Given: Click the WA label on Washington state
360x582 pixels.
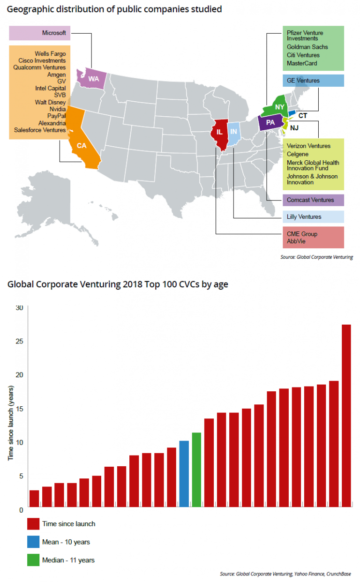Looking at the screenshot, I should click(x=94, y=79).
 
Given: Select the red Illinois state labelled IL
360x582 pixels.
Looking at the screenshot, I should click(x=219, y=133).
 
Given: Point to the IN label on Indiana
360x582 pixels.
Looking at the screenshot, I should click(x=234, y=132).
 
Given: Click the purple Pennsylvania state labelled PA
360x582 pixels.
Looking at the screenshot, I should click(x=270, y=123).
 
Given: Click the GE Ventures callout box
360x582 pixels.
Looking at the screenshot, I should click(x=313, y=81).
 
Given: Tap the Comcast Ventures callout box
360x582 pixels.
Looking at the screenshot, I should click(x=313, y=200).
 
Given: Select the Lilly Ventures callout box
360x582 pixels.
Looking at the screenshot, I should click(x=313, y=216).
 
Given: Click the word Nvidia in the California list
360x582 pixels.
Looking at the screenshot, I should click(x=57, y=109).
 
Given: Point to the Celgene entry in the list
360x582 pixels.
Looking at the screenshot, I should click(x=298, y=154).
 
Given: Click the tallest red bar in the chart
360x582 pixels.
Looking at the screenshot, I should click(x=346, y=416).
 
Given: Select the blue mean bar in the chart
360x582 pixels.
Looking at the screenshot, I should click(x=184, y=474).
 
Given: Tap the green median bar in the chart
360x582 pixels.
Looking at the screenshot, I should click(x=196, y=470).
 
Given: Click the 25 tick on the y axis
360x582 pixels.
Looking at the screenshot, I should click(x=19, y=341).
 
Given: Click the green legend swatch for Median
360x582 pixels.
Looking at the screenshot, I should click(x=33, y=560).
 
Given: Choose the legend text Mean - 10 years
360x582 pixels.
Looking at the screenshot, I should click(x=66, y=542).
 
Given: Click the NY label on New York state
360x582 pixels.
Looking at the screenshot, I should click(x=280, y=107).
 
